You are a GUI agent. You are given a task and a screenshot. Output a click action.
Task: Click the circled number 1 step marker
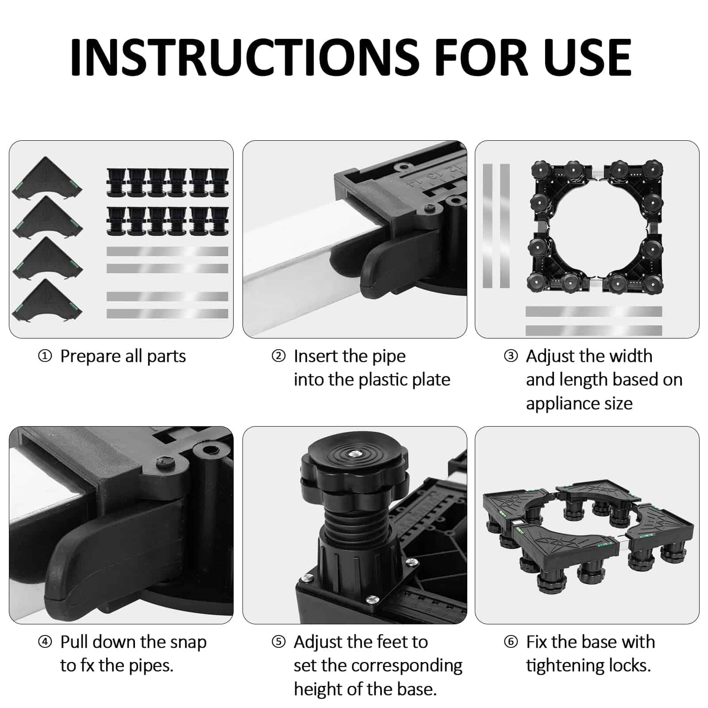(45, 356)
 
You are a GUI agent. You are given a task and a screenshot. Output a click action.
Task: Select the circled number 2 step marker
(278, 356)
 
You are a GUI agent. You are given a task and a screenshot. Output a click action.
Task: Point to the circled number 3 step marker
(511, 356)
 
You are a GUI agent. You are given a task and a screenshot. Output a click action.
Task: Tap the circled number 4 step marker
(45, 642)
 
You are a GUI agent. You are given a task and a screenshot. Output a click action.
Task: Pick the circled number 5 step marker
(278, 642)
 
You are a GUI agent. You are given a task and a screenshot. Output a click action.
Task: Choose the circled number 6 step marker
(511, 642)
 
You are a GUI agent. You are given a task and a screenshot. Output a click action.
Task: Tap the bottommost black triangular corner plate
(47, 300)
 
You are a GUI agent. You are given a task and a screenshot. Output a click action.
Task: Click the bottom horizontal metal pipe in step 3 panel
(594, 330)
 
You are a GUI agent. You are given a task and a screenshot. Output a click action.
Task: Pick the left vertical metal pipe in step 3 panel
(487, 226)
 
